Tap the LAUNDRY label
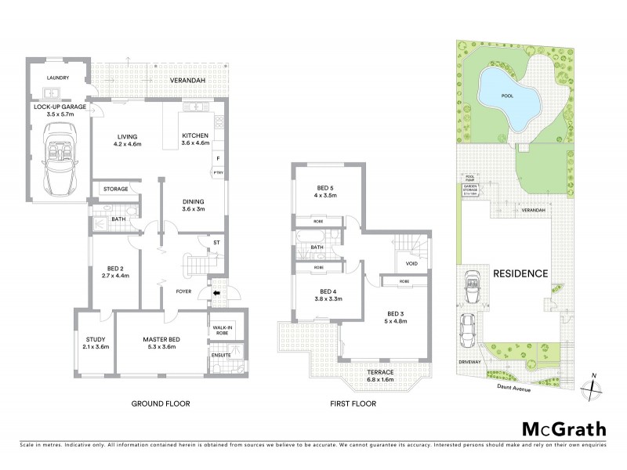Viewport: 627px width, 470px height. (x=58, y=78)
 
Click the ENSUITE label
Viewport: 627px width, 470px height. (x=222, y=355)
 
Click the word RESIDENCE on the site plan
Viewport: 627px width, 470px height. (x=520, y=273)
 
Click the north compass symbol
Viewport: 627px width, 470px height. (x=593, y=384)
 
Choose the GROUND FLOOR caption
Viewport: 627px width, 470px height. (x=161, y=403)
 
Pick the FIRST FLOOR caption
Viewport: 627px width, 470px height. (x=353, y=403)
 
